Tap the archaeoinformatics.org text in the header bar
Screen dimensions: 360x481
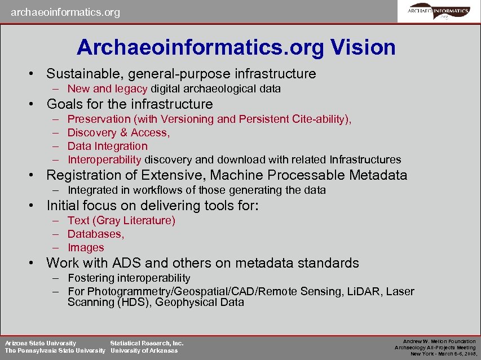65,12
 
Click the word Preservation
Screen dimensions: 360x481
99,119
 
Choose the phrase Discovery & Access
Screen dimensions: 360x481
118,133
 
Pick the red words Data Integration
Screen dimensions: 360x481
107,146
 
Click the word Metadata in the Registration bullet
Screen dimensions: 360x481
378,175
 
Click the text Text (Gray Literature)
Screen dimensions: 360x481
121,221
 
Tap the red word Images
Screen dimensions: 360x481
86,248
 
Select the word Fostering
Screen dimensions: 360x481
91,278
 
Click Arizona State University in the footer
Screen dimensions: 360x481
41,343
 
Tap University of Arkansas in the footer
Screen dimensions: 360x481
144,351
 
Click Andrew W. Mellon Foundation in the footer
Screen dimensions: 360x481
439,341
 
